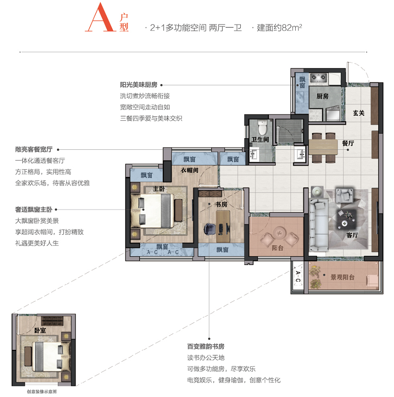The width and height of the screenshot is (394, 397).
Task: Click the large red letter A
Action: (x=100, y=17)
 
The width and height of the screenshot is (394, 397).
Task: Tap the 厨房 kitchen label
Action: (x=322, y=96)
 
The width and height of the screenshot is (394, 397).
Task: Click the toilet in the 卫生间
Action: (x=263, y=127)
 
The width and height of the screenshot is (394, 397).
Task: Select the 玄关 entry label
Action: (x=358, y=113)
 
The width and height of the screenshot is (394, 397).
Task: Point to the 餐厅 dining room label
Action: (x=348, y=143)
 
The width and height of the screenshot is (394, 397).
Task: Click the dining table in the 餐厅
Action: (x=323, y=147)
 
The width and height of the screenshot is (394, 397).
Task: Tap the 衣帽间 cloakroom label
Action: (x=189, y=170)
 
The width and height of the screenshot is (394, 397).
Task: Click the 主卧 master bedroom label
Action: (x=159, y=188)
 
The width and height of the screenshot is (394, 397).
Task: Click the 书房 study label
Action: (x=221, y=204)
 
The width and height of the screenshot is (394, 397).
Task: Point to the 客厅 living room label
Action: (x=352, y=235)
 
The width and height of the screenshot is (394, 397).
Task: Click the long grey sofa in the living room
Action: (x=318, y=224)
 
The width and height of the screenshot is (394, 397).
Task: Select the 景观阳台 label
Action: (x=342, y=277)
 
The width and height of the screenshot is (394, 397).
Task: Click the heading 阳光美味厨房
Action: (x=139, y=85)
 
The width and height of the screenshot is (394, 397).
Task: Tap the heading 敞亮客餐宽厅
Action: (x=33, y=149)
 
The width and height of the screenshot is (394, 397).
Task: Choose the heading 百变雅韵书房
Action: (x=206, y=346)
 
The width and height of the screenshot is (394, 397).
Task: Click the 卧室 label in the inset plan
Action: (x=40, y=330)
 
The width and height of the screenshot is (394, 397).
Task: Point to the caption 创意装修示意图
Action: (x=42, y=392)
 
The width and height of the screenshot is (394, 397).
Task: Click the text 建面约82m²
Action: (x=279, y=27)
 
